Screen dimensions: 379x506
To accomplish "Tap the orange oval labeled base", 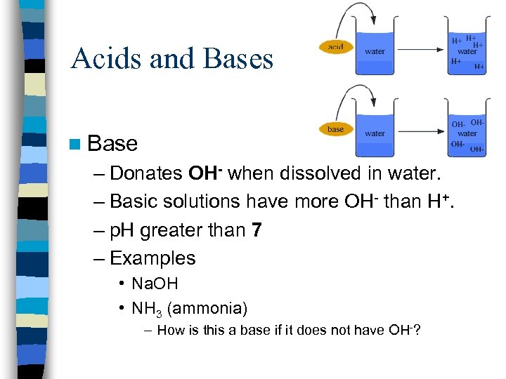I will coord(336,129).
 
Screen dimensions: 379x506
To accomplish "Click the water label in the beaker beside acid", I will coord(375,51).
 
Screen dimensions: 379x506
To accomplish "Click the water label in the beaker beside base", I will coord(375,133).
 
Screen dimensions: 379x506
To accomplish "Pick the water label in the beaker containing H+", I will coord(467,51).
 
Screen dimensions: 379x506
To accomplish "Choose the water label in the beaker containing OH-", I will coord(467,133).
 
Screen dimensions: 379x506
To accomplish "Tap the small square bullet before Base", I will coord(75,145).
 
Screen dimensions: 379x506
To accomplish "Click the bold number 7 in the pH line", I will coord(257,230).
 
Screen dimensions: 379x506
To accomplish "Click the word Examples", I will coord(153,258).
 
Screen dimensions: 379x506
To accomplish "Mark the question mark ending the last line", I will coord(417,331).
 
